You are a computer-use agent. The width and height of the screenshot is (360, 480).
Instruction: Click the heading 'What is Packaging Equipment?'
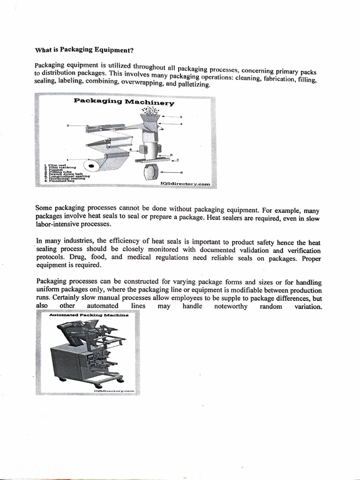pos(87,49)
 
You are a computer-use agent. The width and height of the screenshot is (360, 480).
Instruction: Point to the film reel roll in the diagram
pos(92,165)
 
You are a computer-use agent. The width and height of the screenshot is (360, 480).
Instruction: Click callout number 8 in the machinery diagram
pos(181,172)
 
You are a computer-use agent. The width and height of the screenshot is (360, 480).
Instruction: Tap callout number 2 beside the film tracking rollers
pos(68,126)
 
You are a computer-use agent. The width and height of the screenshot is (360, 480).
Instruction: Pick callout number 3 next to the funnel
pos(180,117)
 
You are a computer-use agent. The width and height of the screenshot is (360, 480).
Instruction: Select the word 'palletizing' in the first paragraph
pos(195,86)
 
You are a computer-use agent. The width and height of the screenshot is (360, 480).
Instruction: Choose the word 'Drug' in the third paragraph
pos(76,257)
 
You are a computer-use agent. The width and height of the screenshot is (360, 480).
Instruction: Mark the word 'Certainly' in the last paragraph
pos(68,298)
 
